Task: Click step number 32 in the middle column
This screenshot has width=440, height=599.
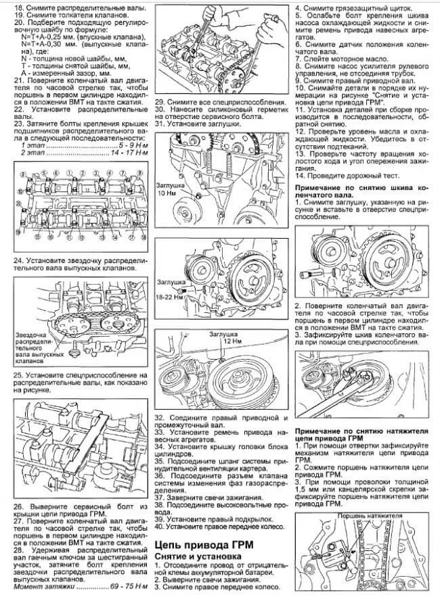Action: point(160,418)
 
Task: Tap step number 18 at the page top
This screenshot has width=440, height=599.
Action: point(20,5)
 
